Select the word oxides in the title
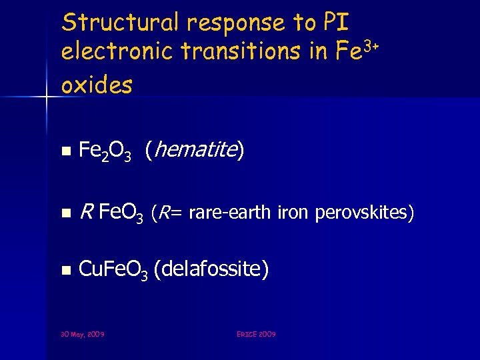pyautogui.click(x=97, y=84)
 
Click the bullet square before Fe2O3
pyautogui.click(x=65, y=152)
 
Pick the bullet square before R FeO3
pyautogui.click(x=65, y=214)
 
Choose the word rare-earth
pyautogui.click(x=230, y=213)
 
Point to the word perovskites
pyautogui.click(x=363, y=213)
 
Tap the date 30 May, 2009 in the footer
pyautogui.click(x=83, y=333)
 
